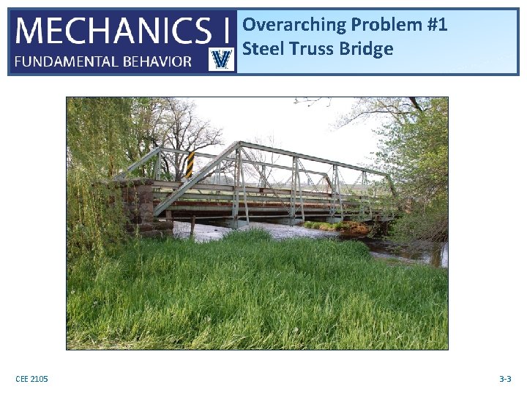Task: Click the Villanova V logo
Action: [221, 59]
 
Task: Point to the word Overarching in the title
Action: [294, 25]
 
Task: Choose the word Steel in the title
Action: [262, 49]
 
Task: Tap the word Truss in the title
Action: [312, 49]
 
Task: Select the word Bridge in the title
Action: [367, 49]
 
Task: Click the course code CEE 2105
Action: [31, 379]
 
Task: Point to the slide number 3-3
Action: [504, 379]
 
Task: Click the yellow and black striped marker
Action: [190, 165]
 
